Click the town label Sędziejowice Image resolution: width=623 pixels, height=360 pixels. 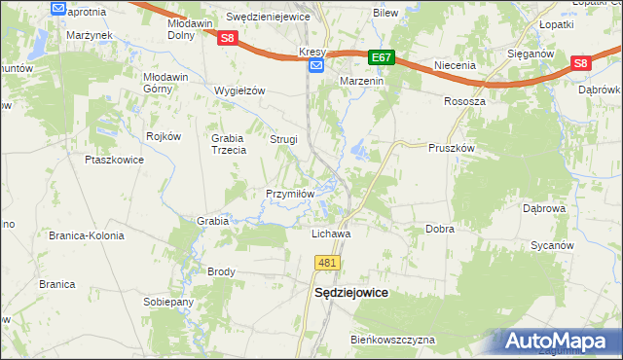pyautogui.click(x=349, y=292)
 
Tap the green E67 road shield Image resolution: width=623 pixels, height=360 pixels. pyautogui.click(x=383, y=58)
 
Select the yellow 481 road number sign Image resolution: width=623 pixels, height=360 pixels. pyautogui.click(x=326, y=263)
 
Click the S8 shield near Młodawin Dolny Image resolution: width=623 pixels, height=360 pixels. pyautogui.click(x=227, y=38)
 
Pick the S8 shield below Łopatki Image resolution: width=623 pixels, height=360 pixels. pyautogui.click(x=581, y=64)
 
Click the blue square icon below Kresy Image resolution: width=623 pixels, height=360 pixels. pyautogui.click(x=315, y=65)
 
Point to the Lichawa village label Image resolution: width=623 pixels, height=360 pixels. pyautogui.click(x=330, y=234)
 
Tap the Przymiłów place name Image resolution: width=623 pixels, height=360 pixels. pyautogui.click(x=290, y=194)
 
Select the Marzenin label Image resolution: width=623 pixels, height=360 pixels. pyautogui.click(x=362, y=82)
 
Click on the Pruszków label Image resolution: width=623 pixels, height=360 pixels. pyautogui.click(x=451, y=148)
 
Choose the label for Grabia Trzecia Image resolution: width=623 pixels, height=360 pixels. pyautogui.click(x=226, y=144)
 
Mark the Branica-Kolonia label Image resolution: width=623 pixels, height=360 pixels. pyautogui.click(x=86, y=234)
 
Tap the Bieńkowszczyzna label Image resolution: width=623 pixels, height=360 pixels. pyautogui.click(x=393, y=340)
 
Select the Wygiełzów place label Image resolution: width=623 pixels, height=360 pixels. pyautogui.click(x=239, y=90)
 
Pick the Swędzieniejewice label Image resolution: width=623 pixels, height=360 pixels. pyautogui.click(x=268, y=18)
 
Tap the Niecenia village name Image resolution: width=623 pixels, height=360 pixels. pyautogui.click(x=455, y=66)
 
